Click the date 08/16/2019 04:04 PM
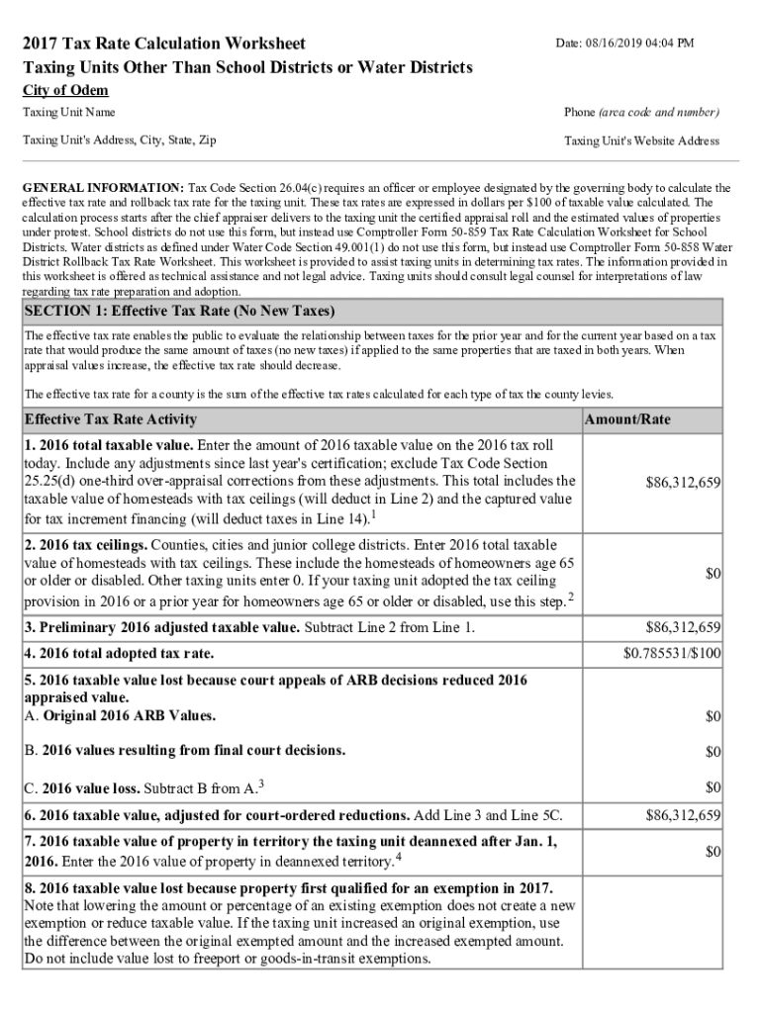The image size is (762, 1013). point(624,43)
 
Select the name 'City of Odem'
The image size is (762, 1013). point(65,91)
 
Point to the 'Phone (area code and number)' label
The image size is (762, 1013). point(641,113)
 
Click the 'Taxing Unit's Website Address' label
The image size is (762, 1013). point(641,140)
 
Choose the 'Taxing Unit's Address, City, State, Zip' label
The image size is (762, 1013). point(120,140)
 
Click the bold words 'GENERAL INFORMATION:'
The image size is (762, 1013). point(103,187)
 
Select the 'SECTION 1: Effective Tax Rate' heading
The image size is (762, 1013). point(179,311)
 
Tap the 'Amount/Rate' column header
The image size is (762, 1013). point(627,419)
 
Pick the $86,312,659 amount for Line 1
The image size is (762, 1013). point(683,482)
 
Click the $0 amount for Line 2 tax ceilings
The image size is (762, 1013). point(713,574)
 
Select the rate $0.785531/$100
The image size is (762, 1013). point(672,654)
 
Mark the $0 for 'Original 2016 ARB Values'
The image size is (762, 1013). point(713,715)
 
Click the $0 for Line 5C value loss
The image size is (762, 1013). point(713,787)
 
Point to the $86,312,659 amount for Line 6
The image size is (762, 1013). point(683,816)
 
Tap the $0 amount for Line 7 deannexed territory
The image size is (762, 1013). point(713,851)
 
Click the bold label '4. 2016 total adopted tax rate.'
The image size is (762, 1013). point(119,654)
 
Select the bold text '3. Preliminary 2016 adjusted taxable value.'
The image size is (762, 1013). point(161,627)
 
